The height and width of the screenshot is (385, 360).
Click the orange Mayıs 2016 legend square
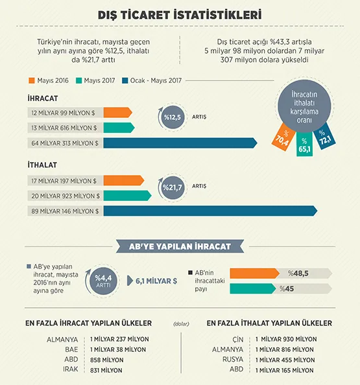(x=32, y=80)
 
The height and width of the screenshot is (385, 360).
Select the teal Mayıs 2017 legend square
(x=78, y=80)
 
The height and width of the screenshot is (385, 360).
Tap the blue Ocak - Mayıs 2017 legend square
(x=125, y=80)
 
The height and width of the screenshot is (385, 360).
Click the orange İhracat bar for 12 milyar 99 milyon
(x=117, y=113)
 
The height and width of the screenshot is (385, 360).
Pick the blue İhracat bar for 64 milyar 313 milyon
(x=180, y=143)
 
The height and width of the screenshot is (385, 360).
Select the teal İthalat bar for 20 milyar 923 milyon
(x=127, y=196)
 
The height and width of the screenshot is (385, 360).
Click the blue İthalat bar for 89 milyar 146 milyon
(x=210, y=211)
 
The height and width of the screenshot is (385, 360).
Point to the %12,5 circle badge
(x=173, y=117)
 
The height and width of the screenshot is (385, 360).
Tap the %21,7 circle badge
(x=173, y=187)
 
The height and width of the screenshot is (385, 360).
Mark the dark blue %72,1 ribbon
(x=324, y=137)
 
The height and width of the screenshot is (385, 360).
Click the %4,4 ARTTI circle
(x=103, y=281)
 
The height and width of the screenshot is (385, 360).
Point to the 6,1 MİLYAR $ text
(x=156, y=281)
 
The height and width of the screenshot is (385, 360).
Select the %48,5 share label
(x=298, y=274)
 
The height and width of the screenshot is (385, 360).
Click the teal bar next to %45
(x=253, y=288)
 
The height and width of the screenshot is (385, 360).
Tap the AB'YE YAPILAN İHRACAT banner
(x=180, y=246)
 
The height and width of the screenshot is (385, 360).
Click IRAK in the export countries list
(x=71, y=369)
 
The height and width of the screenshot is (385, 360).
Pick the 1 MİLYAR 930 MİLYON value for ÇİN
(x=286, y=340)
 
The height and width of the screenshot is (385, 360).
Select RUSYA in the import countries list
(x=233, y=360)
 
